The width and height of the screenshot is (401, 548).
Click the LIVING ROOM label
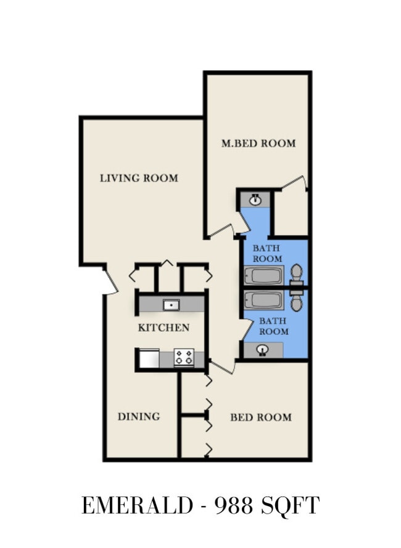tap(139, 178)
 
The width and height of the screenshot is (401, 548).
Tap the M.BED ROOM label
tap(258, 143)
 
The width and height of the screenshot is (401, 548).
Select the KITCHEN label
tap(163, 328)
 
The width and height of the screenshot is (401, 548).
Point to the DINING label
tap(139, 417)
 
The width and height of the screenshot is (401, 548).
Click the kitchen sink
tap(172, 305)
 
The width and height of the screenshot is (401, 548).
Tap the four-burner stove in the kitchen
tap(184, 358)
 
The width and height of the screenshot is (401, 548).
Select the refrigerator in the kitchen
tap(149, 358)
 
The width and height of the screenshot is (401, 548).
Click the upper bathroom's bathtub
tap(263, 276)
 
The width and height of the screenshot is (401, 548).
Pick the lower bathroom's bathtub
tap(263, 300)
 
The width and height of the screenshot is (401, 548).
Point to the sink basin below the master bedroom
tap(255, 200)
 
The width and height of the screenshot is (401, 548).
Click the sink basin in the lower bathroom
tap(263, 350)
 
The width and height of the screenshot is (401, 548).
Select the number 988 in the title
tap(234, 506)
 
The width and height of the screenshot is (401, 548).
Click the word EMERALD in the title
tap(138, 506)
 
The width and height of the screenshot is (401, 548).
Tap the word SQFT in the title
tap(291, 506)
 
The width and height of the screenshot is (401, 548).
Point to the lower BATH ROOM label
tap(273, 326)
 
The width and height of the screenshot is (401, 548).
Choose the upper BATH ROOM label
tap(267, 254)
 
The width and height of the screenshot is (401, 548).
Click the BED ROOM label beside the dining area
tap(261, 417)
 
